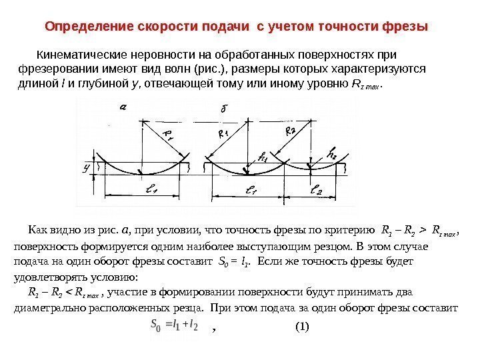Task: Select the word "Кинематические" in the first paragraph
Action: (x=74, y=54)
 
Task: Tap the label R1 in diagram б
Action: (x=223, y=134)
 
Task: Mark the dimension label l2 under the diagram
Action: (x=318, y=191)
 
